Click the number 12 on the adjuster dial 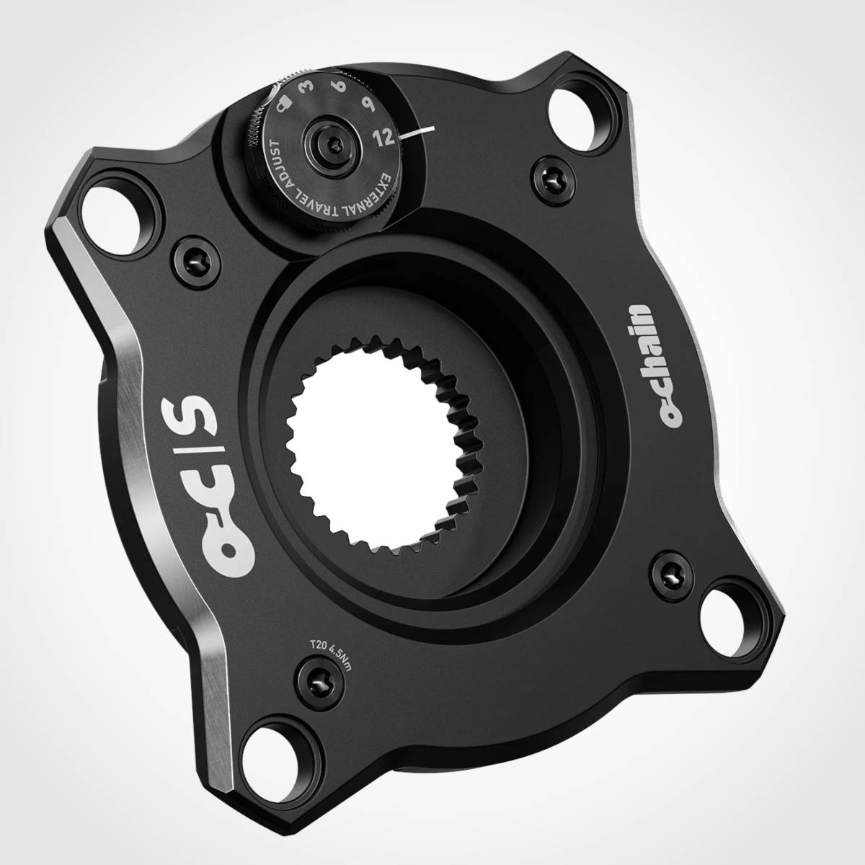coord(385,137)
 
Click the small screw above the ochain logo coord(549,172)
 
